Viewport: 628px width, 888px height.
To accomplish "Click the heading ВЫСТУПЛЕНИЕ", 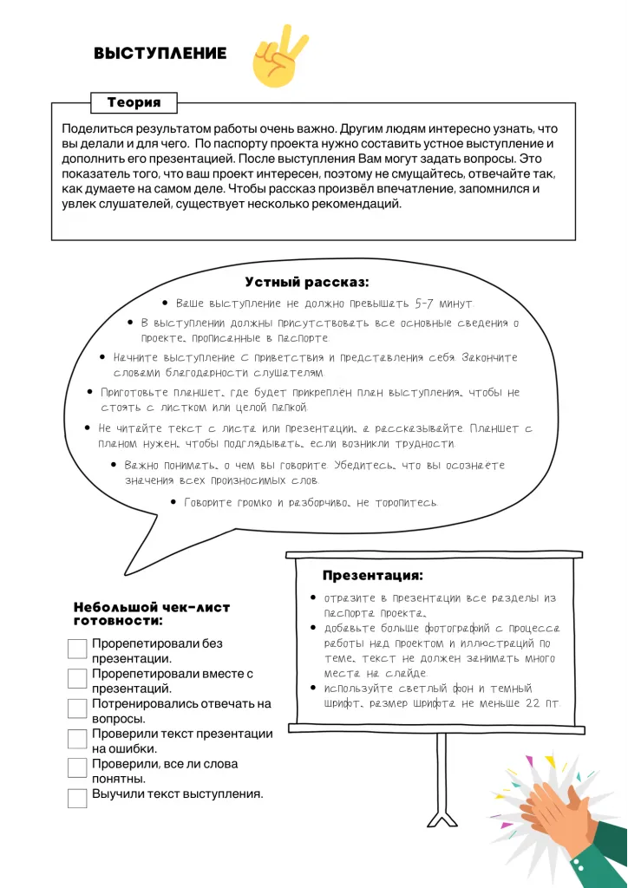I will [160, 54].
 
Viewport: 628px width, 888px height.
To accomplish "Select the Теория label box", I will [134, 102].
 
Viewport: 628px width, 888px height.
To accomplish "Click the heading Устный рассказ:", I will [307, 283].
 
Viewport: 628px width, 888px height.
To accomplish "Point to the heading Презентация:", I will [373, 576].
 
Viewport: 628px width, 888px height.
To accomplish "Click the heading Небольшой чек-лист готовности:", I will [151, 614].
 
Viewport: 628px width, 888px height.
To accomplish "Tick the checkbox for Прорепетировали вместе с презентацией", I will [77, 678].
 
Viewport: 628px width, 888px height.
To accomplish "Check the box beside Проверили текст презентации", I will [77, 739].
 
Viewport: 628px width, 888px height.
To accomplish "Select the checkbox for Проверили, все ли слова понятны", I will [77, 768].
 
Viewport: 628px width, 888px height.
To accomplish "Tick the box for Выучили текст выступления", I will [77, 798].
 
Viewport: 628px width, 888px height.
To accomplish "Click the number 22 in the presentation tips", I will [535, 703].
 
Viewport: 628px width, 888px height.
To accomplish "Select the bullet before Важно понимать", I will [114, 465].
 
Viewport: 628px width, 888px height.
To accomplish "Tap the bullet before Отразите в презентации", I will [313, 598].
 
